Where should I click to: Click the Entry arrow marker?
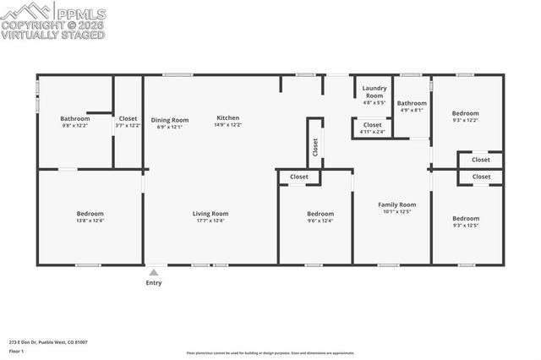(x=153, y=273)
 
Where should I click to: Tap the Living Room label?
(x=210, y=214)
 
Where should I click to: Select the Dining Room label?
(x=170, y=120)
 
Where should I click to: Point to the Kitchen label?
(x=228, y=117)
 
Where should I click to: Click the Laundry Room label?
(x=374, y=92)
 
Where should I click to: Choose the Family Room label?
(x=396, y=205)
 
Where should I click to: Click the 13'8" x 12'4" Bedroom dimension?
(x=90, y=221)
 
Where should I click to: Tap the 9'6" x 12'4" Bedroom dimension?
(x=320, y=221)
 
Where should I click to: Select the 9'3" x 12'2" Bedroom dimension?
(x=465, y=120)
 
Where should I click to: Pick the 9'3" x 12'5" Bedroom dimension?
(x=465, y=226)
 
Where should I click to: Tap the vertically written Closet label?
(x=315, y=148)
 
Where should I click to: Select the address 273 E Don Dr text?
(x=48, y=342)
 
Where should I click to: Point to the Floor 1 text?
(x=16, y=351)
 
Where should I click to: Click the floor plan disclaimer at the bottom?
(x=270, y=352)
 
